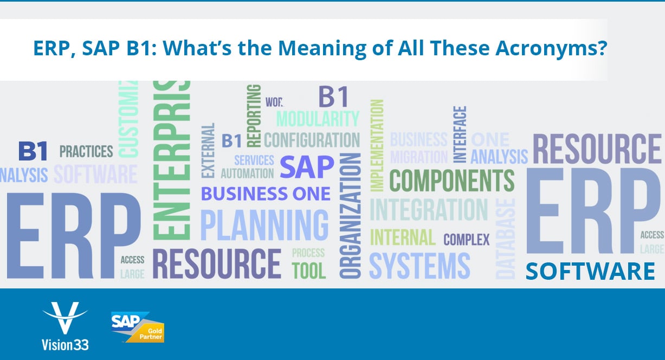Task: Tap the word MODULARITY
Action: pyautogui.click(x=318, y=118)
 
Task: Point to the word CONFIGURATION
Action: pyautogui.click(x=312, y=139)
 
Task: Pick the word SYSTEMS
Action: pyautogui.click(x=419, y=266)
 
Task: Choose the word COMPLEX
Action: pyautogui.click(x=466, y=239)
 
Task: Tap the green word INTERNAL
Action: pyautogui.click(x=403, y=237)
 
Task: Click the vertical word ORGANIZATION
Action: pyautogui.click(x=351, y=215)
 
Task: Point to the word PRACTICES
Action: pyautogui.click(x=86, y=151)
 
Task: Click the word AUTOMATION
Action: pyautogui.click(x=247, y=173)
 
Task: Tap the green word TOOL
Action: pyautogui.click(x=309, y=270)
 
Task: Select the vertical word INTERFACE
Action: pyautogui.click(x=460, y=134)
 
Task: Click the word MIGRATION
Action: pyautogui.click(x=419, y=157)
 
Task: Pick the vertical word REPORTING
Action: pyautogui.click(x=253, y=115)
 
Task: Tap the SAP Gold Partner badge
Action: pyautogui.click(x=137, y=327)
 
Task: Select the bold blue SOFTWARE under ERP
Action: pyautogui.click(x=590, y=271)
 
